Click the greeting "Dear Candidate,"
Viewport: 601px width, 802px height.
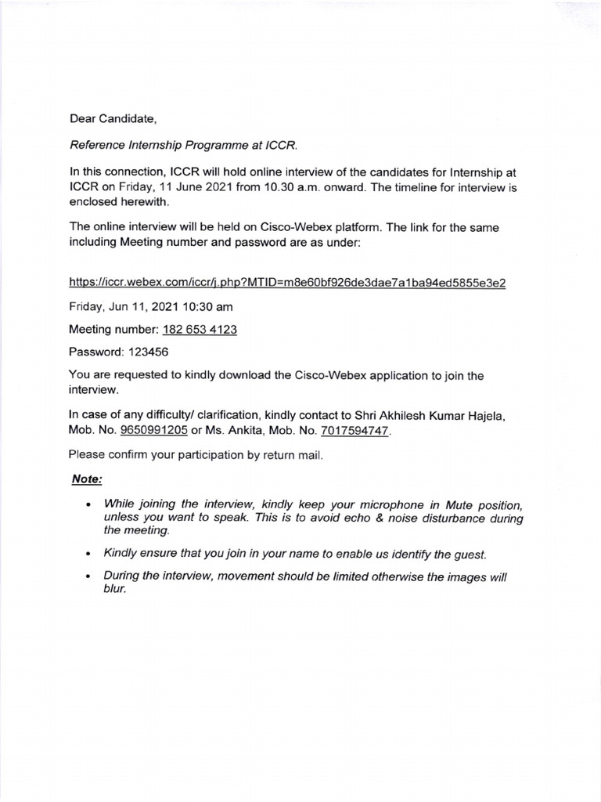[113, 119]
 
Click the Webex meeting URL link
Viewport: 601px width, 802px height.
[287, 283]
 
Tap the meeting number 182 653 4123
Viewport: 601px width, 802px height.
[200, 330]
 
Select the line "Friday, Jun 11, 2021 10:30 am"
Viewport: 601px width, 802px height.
[150, 306]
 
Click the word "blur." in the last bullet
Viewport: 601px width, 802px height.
[114, 589]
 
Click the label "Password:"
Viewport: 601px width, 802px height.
[95, 352]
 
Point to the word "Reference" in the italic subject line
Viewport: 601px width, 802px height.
[97, 145]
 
